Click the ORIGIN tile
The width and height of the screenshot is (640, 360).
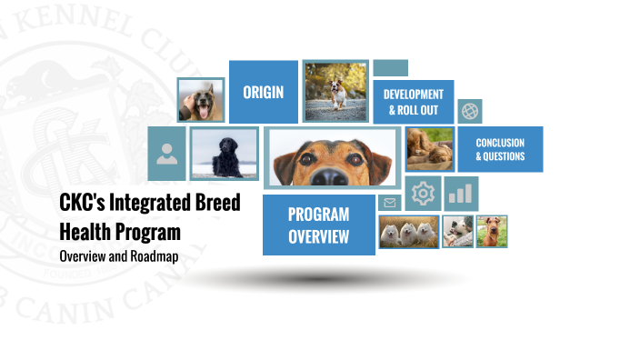coord(263,92)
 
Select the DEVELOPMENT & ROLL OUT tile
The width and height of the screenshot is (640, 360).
coord(413,102)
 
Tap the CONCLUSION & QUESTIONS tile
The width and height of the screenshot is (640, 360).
coord(500,149)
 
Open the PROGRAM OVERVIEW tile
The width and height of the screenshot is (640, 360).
coord(318,225)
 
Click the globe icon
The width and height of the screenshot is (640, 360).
coord(470,111)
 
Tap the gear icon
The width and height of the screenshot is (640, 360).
coord(423,194)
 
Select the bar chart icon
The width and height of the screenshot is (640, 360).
coord(462,194)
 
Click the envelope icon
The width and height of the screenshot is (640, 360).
coord(390,203)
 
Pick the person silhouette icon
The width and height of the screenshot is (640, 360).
coord(165,152)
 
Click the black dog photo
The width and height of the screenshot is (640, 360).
coord(224,154)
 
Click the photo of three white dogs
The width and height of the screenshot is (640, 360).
coord(408,232)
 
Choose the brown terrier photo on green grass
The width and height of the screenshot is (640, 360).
coord(493,232)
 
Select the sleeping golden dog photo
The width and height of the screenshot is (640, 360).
coord(429,149)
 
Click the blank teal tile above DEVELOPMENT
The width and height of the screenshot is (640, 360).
coord(390,68)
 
